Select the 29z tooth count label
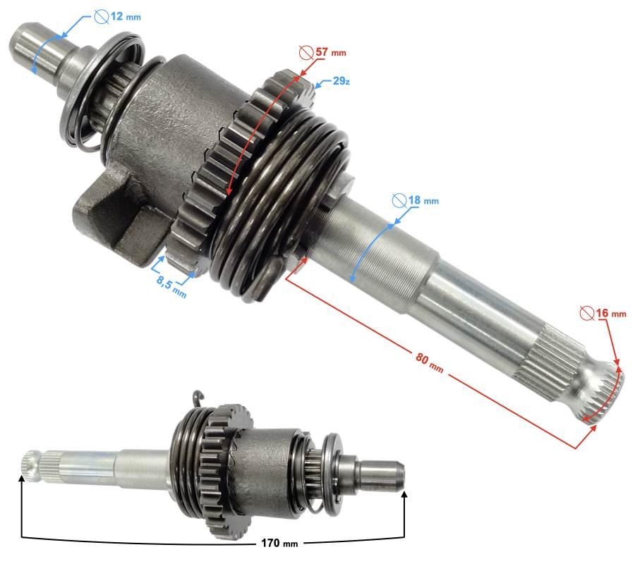click(341, 80)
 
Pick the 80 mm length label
click(429, 362)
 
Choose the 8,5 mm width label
click(171, 285)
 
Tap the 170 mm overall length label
click(279, 543)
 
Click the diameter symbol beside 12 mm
click(101, 17)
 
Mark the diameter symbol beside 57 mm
click(307, 51)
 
